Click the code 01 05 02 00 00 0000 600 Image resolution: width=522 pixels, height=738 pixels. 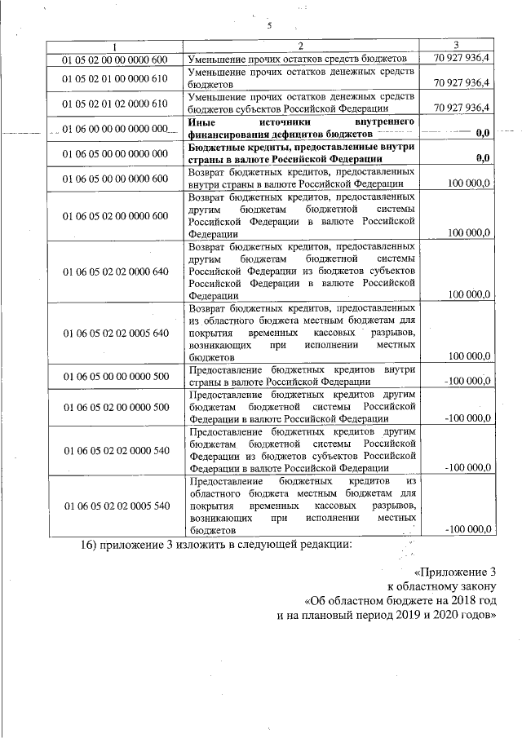coord(115,60)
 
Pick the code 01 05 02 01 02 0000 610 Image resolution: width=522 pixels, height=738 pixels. coord(115,104)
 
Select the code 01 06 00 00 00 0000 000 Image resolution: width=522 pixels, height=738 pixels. coord(115,129)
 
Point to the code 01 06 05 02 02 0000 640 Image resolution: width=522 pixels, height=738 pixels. coord(115,271)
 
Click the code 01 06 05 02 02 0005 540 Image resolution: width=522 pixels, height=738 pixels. coord(115,506)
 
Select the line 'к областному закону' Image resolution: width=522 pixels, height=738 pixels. coord(440,585)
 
